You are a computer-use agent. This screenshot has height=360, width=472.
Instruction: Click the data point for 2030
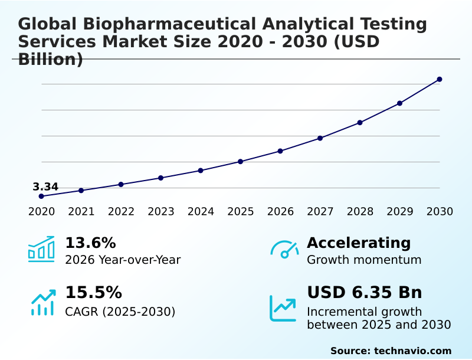(440, 79)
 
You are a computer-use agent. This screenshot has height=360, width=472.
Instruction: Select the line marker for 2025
(241, 161)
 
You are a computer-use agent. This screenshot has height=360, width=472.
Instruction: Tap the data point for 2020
(41, 196)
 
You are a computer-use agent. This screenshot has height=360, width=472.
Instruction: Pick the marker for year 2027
(320, 138)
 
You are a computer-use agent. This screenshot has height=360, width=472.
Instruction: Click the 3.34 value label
(45, 187)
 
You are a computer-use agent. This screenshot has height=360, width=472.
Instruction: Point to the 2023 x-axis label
(161, 211)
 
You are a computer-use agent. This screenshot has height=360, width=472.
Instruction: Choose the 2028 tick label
(360, 211)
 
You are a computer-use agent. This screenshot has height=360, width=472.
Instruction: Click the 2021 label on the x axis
(81, 211)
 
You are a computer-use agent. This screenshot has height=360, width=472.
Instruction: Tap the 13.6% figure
(90, 243)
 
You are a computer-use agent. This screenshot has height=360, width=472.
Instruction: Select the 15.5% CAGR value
(93, 293)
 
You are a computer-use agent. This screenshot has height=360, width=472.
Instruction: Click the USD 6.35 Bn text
(364, 293)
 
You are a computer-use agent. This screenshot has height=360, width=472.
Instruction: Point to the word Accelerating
(359, 243)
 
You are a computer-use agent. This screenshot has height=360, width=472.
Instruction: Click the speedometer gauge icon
(284, 249)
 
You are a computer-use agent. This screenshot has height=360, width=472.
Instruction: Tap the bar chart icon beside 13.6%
(41, 249)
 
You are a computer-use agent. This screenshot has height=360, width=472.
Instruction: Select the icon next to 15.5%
(42, 302)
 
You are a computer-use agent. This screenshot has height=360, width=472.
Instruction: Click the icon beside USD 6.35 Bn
(283, 307)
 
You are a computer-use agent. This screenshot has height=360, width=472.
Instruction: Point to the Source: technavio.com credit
(391, 351)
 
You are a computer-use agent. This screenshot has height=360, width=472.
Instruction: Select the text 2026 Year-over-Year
(123, 260)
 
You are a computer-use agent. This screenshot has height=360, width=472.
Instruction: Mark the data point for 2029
(399, 103)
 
